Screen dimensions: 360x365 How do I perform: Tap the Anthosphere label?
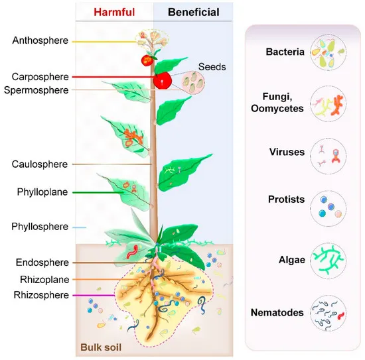point(40,40)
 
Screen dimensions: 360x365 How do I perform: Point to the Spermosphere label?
point(37,90)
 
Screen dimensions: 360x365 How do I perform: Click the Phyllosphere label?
point(40,227)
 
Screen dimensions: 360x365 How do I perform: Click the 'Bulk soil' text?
point(101,346)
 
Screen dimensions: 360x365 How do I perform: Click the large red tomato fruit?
point(162,80)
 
